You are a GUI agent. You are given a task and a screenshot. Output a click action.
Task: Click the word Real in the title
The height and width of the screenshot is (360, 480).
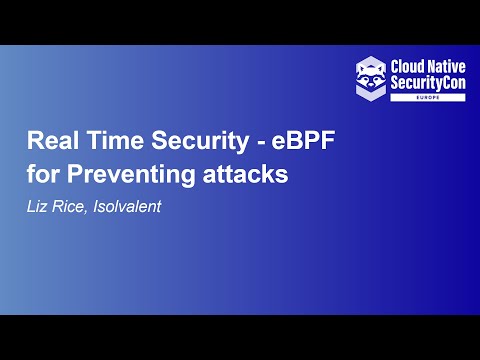tap(50, 141)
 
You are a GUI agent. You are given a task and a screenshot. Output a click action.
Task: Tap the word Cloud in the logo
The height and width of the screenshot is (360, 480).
tap(411, 63)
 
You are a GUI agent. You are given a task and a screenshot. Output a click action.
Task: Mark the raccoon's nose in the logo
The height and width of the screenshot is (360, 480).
tap(372, 81)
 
